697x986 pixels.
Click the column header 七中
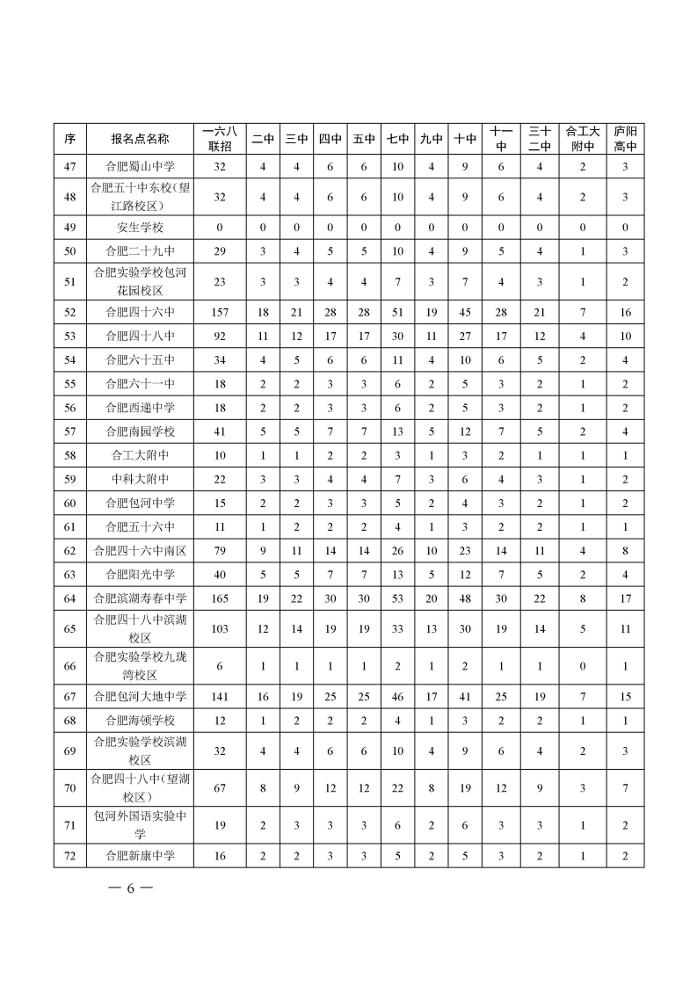tap(398, 139)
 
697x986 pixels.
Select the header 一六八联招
tap(220, 139)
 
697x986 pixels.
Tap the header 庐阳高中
tap(625, 139)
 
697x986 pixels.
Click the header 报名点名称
tap(140, 139)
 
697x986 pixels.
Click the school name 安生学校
tap(140, 228)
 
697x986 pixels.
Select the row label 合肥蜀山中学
tap(140, 167)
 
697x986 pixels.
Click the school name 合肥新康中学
tap(140, 855)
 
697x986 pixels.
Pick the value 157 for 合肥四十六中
tap(220, 312)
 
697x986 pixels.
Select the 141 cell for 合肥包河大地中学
tap(220, 697)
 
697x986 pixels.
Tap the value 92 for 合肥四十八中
tap(220, 335)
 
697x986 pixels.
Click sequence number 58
tap(69, 455)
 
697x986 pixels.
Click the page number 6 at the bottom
tap(128, 888)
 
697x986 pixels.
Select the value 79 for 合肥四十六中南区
tap(220, 551)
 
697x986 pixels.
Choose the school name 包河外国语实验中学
tap(140, 824)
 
